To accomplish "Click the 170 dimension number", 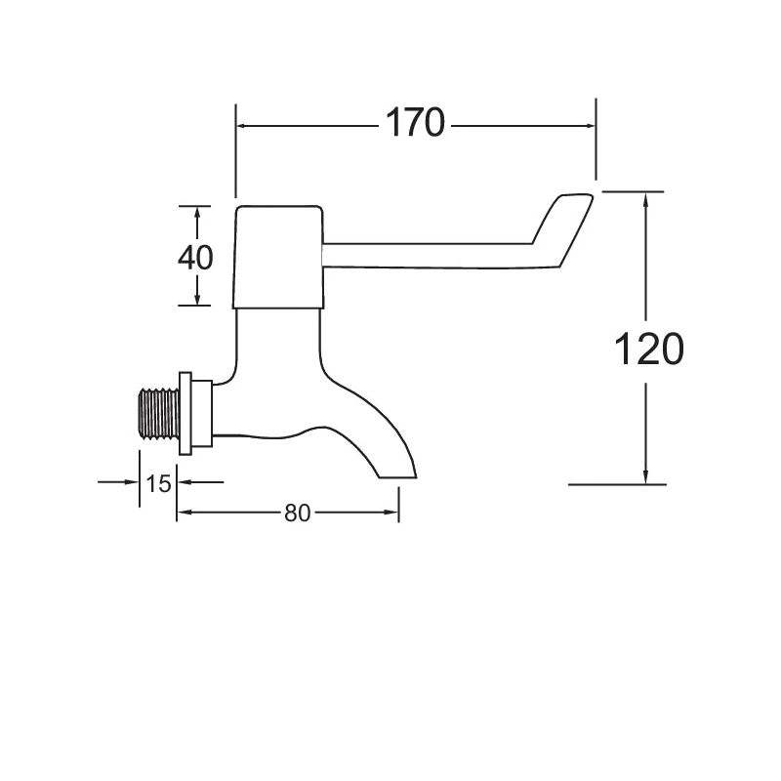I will tap(415, 124).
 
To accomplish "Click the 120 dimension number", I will tap(647, 348).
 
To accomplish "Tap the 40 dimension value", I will tap(196, 257).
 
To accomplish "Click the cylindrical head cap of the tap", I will tap(279, 256).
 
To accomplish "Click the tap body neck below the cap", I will tap(279, 337).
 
